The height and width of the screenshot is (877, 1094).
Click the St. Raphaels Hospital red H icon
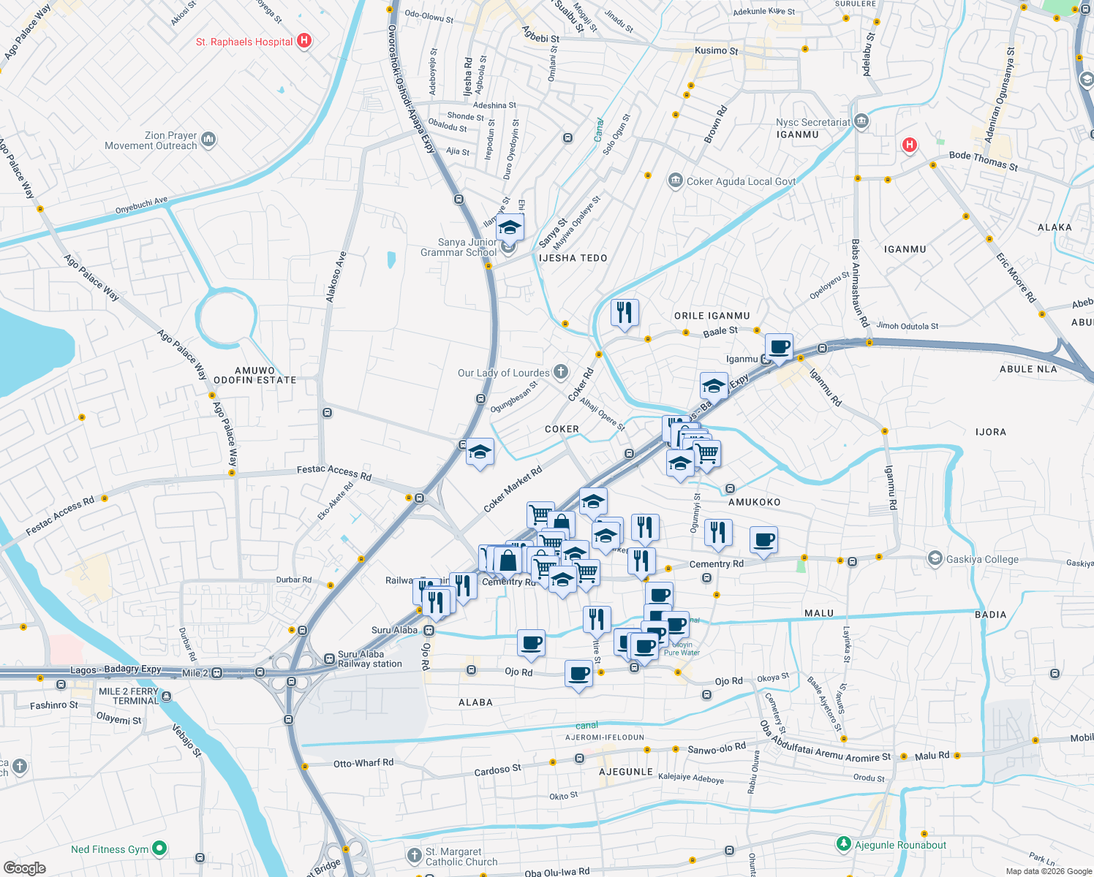pos(304,42)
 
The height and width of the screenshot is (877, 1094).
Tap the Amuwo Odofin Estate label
pos(254,376)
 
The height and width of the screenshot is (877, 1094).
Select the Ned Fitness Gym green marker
pos(159,848)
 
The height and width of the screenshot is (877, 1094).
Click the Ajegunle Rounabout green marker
pos(843,845)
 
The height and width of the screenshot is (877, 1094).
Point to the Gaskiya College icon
pos(935,559)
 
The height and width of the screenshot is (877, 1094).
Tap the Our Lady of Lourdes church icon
pos(560,372)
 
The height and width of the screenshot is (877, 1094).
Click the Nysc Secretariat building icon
pos(861,121)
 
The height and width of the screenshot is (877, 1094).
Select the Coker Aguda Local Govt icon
pos(675,181)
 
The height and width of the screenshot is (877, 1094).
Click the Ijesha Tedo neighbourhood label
pos(573,258)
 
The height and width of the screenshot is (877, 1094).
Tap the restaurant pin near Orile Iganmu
pos(625,313)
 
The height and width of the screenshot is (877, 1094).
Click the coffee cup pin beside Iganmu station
pos(780,346)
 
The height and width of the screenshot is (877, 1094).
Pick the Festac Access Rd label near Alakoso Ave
pos(334,473)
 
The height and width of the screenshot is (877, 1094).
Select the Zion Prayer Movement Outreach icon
pos(208,139)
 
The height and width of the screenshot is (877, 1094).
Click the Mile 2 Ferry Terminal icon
pos(167,696)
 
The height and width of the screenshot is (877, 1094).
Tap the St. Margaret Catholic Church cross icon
pos(414,854)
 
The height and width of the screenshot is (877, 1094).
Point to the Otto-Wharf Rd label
pos(363,763)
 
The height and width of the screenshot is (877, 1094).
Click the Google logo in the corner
pos(24,867)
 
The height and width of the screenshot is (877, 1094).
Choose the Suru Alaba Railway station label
pos(369,659)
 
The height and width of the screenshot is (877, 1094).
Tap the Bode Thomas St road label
pos(983,161)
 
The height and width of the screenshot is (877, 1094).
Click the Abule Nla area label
pos(1027,369)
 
